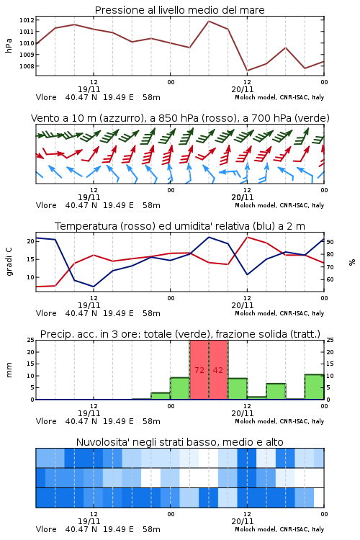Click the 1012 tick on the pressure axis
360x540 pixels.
point(27,20)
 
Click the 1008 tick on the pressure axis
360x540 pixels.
point(27,66)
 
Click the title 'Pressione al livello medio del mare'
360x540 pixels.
point(180,10)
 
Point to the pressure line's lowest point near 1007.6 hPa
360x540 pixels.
point(248,71)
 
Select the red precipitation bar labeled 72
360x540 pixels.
point(199,370)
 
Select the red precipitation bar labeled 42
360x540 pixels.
point(218,370)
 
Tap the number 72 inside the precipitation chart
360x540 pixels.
point(199,370)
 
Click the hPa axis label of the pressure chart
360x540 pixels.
point(9,45)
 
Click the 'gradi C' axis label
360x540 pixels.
point(9,262)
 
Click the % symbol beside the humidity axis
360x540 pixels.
point(352,262)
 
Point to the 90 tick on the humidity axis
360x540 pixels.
point(330,242)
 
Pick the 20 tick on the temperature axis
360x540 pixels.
point(31,241)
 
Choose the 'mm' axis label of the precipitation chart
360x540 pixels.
point(9,370)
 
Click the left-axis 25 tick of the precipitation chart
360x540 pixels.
point(31,340)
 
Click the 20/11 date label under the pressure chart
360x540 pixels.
point(243,89)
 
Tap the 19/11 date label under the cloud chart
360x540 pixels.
point(89,521)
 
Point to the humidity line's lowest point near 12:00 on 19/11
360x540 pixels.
point(94,287)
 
